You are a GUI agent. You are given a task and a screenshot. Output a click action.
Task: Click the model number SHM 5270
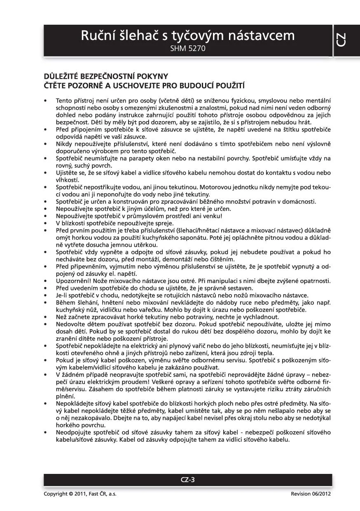point(187,49)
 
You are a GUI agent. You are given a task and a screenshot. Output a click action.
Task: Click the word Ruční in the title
point(97,36)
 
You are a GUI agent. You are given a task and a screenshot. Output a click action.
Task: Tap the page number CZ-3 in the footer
point(187,479)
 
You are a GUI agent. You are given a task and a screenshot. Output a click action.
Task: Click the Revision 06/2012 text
point(311,494)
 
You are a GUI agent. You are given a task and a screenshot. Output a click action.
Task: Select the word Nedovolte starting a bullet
point(70,324)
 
